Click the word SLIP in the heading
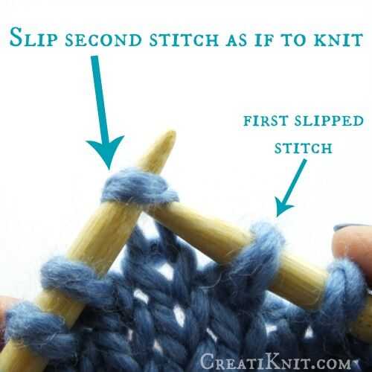click(33, 37)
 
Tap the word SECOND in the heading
click(103, 40)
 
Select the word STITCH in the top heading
click(184, 40)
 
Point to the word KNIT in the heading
click(339, 40)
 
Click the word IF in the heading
click(264, 40)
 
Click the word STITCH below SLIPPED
click(303, 148)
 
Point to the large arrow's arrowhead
click(106, 151)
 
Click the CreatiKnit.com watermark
click(276, 362)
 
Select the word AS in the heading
click(236, 40)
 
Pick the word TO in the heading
click(294, 40)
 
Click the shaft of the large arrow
click(99, 99)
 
